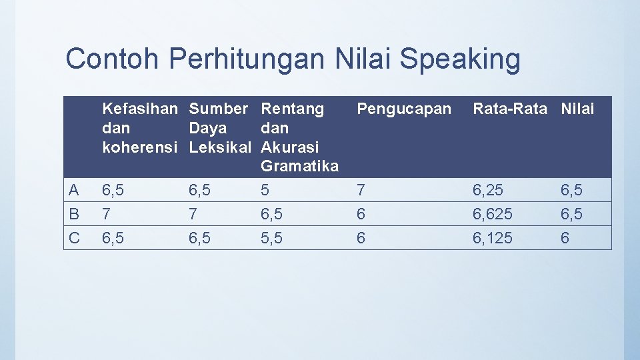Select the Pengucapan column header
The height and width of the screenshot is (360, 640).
pos(404,109)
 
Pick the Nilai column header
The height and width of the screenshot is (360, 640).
pos(577,109)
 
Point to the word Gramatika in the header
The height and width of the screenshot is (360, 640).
pos(300,166)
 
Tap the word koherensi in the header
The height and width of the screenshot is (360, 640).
pos(140,147)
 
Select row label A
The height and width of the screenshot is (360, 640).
pos(74,191)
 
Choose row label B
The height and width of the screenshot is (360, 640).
pos(74,215)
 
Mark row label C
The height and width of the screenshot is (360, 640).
pos(74,238)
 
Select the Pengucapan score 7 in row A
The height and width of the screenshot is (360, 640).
pos(361,191)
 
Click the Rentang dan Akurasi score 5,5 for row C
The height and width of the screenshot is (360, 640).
pos(272,238)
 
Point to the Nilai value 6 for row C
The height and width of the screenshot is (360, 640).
pos(565,238)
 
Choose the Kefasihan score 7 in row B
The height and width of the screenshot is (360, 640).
pos(105,215)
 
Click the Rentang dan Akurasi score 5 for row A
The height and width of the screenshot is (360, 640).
pos(265,191)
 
